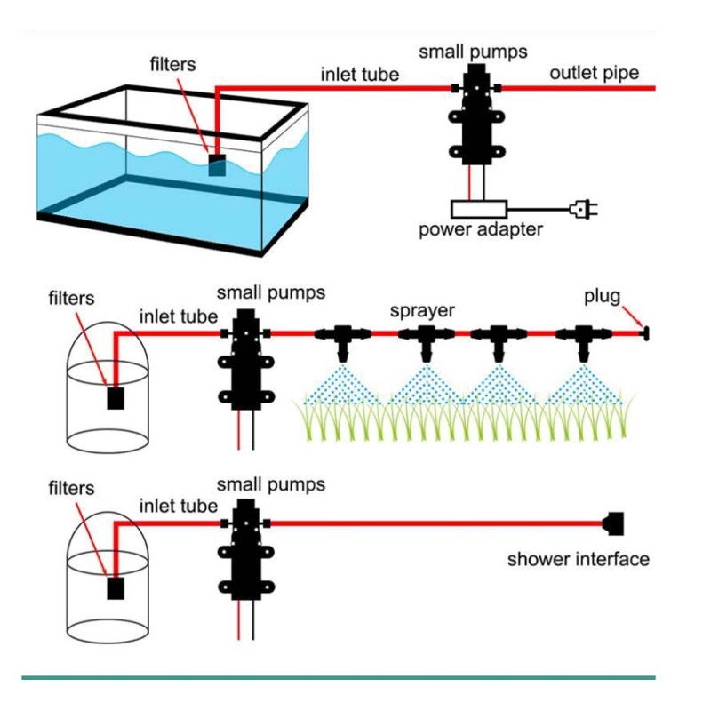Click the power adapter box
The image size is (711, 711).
[479, 209]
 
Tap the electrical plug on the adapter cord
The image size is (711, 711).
[584, 209]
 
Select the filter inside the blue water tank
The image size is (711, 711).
[217, 165]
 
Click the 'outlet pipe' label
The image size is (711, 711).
[595, 73]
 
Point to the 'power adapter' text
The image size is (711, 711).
[481, 229]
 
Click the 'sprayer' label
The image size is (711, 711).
[422, 311]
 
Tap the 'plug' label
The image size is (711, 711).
[603, 297]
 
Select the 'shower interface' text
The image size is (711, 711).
[579, 559]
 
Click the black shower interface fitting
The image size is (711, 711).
[613, 523]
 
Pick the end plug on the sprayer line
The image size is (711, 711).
[644, 334]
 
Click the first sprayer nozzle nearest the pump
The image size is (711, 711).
[343, 342]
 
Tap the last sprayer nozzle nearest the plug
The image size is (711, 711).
[584, 342]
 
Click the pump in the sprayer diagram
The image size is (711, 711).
[246, 359]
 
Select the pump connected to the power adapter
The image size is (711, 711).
[476, 114]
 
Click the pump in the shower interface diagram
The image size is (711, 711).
[246, 549]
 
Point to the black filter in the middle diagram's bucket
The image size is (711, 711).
[116, 398]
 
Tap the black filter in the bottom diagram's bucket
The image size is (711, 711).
[116, 588]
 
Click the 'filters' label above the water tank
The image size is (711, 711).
[172, 64]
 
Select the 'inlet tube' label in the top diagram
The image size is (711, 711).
[360, 75]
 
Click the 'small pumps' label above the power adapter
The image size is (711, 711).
[473, 52]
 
